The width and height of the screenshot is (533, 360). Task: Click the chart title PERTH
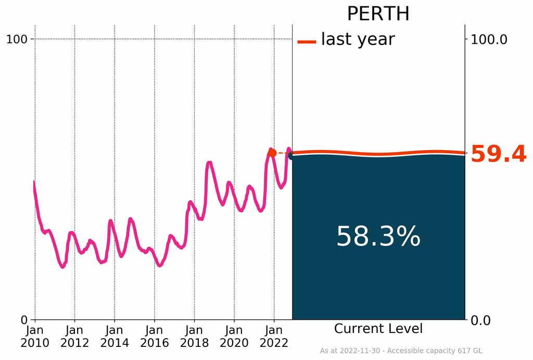378,14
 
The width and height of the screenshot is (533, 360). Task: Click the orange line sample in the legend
307,42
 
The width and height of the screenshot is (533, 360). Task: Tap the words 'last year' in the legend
358,39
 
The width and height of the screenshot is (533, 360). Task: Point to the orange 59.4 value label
498,155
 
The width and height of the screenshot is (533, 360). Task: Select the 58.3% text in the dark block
378,237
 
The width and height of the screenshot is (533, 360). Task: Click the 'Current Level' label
378,329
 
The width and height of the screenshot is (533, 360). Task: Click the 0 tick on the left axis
23,319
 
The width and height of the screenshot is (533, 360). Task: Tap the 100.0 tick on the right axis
489,39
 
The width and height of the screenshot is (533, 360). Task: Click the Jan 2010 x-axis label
35,336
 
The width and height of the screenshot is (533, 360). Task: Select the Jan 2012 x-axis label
74,336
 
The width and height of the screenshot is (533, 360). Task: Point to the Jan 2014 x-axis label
115,336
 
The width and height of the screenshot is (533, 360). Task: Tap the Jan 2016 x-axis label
154,336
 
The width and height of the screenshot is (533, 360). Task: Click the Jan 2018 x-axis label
194,336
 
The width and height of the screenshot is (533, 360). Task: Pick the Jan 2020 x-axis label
234,336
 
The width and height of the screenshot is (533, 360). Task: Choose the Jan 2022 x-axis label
274,336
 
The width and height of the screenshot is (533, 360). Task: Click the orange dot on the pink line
272,153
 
